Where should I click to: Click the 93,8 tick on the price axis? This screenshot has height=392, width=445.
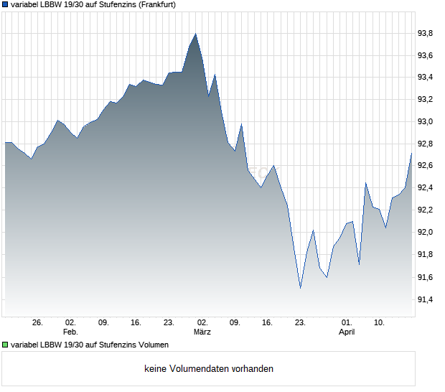(426, 33)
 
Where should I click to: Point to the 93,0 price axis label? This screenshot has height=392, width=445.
(426, 122)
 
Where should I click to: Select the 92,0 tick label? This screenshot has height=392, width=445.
(426, 233)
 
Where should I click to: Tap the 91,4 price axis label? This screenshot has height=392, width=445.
(426, 299)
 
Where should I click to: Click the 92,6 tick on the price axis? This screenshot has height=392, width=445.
(426, 166)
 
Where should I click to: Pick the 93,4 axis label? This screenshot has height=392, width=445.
(426, 78)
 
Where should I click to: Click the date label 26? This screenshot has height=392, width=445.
(38, 323)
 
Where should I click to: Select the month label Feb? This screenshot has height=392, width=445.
(70, 332)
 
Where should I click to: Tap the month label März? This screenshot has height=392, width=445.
(202, 332)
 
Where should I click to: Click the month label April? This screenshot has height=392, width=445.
(347, 332)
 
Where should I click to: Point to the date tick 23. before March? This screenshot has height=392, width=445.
(169, 323)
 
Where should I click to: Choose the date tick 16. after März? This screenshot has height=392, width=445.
(268, 323)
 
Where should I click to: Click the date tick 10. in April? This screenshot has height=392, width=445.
(380, 323)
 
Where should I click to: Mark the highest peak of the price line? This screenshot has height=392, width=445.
(195, 34)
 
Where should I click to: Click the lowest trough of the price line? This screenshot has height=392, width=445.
(300, 288)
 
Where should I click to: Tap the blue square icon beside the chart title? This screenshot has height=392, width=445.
(5, 4)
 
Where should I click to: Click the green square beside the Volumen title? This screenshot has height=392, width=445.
(5, 345)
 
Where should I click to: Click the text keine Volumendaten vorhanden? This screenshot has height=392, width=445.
(209, 369)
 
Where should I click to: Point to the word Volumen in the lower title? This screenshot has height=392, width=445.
(151, 345)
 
